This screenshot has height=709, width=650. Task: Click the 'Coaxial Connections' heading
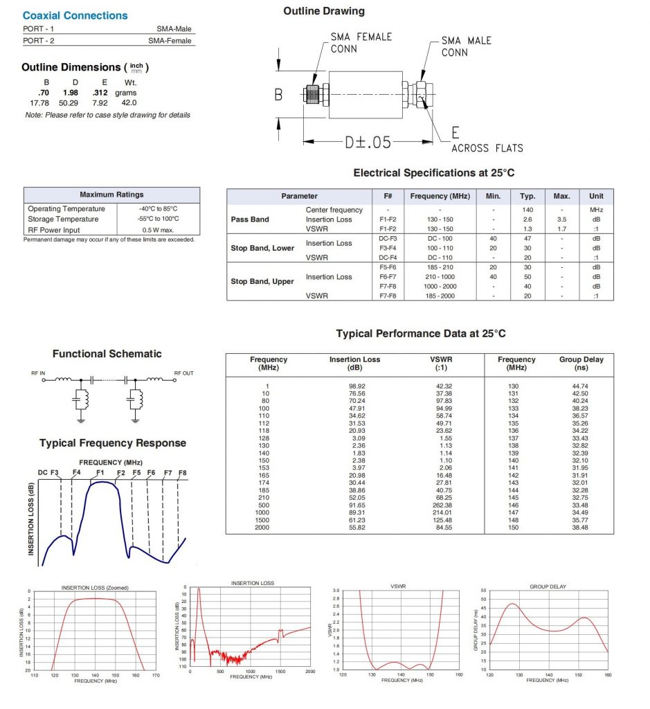click(x=75, y=15)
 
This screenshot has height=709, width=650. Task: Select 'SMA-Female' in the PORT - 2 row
click(x=170, y=41)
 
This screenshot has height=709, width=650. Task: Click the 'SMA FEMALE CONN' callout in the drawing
click(x=361, y=43)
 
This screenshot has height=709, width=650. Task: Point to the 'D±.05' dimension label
click(x=368, y=142)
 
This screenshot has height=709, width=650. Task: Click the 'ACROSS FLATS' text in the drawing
click(x=487, y=147)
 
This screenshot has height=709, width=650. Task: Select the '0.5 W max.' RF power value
click(x=159, y=230)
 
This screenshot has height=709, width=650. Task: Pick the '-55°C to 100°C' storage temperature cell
click(x=159, y=219)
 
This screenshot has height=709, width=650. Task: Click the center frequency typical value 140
click(x=527, y=210)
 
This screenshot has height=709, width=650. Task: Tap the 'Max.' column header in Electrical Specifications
click(x=561, y=196)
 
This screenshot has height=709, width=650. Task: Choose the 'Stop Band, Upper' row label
click(x=262, y=281)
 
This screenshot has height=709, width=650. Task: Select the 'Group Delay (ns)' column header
click(x=581, y=364)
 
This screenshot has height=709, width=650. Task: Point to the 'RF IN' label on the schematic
click(x=38, y=373)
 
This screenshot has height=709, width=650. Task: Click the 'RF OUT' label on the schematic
click(x=183, y=373)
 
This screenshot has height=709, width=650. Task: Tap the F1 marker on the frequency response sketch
click(x=100, y=472)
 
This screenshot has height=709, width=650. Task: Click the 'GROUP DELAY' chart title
click(x=548, y=586)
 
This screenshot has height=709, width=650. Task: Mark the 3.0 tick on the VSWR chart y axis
click(x=336, y=590)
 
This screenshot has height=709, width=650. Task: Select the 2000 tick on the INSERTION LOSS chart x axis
click(x=309, y=672)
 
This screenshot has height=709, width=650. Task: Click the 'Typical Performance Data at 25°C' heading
click(x=420, y=334)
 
